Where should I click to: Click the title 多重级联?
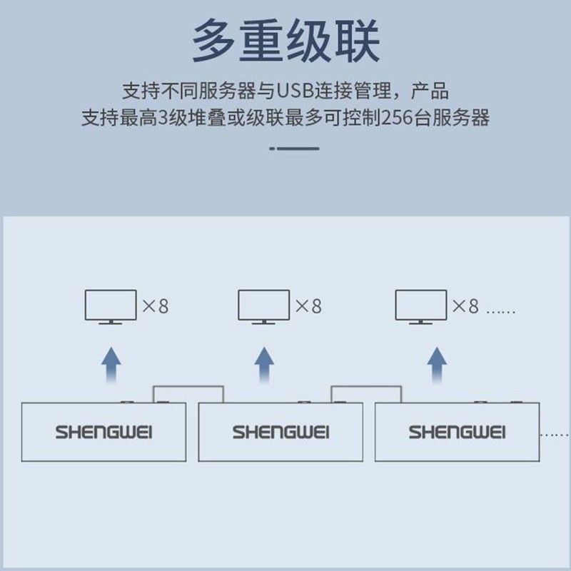285,41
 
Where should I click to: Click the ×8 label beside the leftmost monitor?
155,307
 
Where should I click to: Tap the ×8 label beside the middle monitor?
308,307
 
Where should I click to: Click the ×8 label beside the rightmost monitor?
465,307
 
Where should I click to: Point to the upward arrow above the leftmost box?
111,365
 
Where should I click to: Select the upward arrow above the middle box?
264,365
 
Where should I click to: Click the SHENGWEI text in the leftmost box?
104,432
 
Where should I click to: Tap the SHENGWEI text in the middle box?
281,432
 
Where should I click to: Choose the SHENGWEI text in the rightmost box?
457,432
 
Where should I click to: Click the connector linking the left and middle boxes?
188,388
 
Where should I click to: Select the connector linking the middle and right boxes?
365,388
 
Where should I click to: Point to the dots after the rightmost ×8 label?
500,311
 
